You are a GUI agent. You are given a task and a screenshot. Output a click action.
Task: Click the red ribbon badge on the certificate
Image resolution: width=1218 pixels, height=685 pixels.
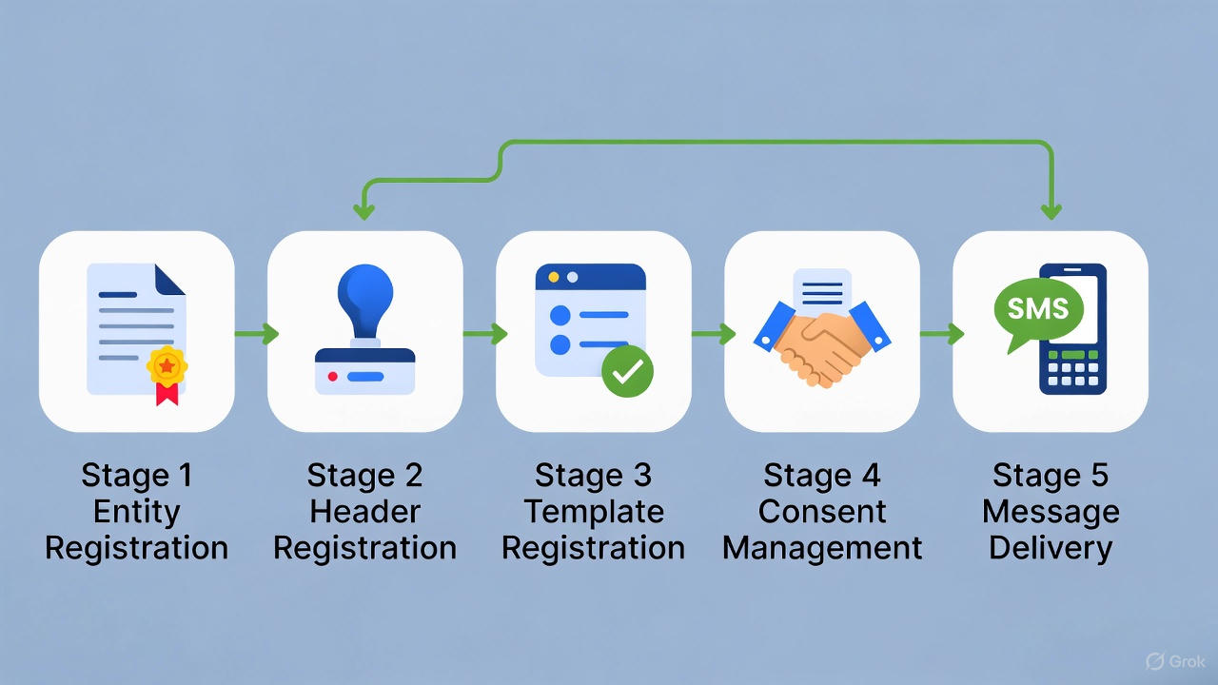tap(167, 374)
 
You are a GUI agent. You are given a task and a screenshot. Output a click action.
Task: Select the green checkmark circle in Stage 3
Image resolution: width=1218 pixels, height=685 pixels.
tap(627, 371)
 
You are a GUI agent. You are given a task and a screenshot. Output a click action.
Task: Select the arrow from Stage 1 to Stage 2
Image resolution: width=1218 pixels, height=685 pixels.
tap(256, 333)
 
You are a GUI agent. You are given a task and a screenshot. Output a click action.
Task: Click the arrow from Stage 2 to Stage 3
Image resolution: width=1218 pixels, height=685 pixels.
tap(484, 333)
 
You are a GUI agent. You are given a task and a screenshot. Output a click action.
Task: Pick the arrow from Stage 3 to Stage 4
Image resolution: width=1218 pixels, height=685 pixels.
tap(713, 333)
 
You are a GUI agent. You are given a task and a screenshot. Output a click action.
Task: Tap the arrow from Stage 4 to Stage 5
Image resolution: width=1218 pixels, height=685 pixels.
tap(941, 333)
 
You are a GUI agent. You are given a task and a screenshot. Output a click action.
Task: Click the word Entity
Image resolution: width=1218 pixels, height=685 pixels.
tap(136, 511)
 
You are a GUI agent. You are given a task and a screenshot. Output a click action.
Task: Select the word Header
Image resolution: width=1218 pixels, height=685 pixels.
tap(364, 511)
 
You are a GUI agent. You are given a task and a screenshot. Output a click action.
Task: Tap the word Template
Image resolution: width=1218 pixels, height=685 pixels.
tap(594, 511)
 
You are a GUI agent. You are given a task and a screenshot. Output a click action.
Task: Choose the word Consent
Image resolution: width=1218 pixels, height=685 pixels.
tap(822, 511)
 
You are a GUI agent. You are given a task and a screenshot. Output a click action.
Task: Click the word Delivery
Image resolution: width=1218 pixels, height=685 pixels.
tap(1051, 548)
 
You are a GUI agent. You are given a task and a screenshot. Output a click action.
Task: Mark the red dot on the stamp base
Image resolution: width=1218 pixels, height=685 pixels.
tap(332, 377)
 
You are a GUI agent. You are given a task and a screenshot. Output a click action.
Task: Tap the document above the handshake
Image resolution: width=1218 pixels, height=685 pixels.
tap(822, 290)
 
